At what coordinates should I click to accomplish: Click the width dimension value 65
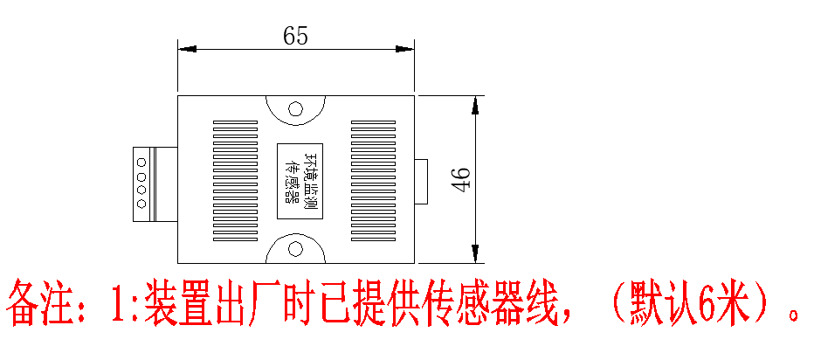(295, 36)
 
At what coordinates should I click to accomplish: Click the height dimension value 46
(462, 179)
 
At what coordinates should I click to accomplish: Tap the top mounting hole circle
(296, 110)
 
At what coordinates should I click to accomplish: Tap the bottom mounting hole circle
(296, 248)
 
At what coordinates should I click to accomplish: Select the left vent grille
(236, 181)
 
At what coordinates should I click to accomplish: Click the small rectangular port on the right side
(421, 181)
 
